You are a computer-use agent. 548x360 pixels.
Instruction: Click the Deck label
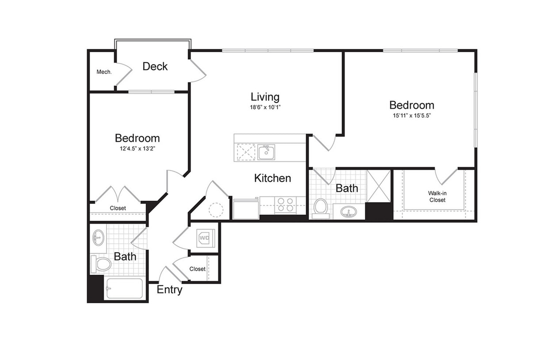[x=155, y=66]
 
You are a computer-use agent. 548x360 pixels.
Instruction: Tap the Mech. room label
[x=104, y=72]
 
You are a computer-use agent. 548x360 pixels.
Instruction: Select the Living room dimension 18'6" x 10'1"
[x=265, y=107]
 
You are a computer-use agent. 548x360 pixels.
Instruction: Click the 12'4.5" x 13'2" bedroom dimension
[x=137, y=149]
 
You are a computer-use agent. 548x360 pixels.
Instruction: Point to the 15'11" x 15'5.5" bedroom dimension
[x=411, y=116]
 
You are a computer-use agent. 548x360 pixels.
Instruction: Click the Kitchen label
[x=273, y=178]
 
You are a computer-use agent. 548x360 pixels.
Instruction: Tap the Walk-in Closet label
[x=437, y=196]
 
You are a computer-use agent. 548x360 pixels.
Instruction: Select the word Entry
[x=169, y=290]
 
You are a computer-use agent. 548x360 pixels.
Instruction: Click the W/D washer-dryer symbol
[x=204, y=237]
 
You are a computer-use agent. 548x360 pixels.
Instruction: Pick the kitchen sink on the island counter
[x=266, y=152]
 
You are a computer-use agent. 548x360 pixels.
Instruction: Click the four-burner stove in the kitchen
[x=285, y=205]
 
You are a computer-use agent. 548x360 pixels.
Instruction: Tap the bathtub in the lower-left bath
[x=124, y=288]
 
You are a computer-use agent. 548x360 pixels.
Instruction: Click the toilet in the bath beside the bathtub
[x=101, y=264]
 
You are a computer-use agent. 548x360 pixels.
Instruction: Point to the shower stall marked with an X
[x=379, y=186]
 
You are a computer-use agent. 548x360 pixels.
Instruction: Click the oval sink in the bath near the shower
[x=349, y=212]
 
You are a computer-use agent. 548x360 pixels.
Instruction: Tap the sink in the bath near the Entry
[x=98, y=238]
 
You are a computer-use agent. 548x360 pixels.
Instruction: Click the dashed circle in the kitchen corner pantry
[x=217, y=209]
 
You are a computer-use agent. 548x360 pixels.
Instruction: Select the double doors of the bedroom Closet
[x=118, y=194]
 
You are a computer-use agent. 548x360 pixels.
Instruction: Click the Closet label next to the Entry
[x=197, y=269]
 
